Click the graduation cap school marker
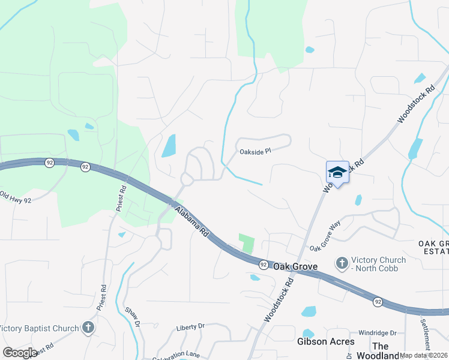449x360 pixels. pyautogui.click(x=337, y=172)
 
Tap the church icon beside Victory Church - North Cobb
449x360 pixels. pyautogui.click(x=342, y=263)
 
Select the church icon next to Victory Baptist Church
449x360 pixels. pyautogui.click(x=88, y=328)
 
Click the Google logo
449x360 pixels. pyautogui.click(x=20, y=353)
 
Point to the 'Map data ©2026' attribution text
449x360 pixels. pyautogui.click(x=424, y=355)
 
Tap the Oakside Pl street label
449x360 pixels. pyautogui.click(x=256, y=151)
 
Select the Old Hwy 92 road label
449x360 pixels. pyautogui.click(x=15, y=197)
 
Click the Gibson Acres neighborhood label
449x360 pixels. pyautogui.click(x=321, y=341)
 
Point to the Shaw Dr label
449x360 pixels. pyautogui.click(x=132, y=316)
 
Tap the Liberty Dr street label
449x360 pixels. pyautogui.click(x=190, y=327)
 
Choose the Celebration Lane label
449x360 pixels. pyautogui.click(x=175, y=356)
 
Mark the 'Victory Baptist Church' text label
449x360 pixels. pyautogui.click(x=40, y=328)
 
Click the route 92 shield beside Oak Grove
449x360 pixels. pyautogui.click(x=263, y=265)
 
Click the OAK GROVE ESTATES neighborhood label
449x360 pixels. pyautogui.click(x=433, y=248)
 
